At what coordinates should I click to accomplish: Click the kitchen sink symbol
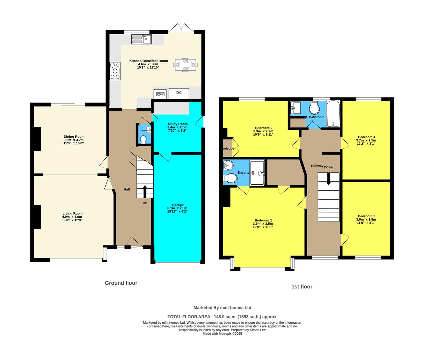(x=141, y=39)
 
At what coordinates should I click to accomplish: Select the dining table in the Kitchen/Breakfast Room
(x=185, y=64)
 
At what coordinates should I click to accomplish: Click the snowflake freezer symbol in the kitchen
(x=178, y=92)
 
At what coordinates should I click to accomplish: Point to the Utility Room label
(x=177, y=124)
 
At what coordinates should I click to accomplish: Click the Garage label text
(x=177, y=205)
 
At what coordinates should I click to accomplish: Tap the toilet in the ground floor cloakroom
(x=143, y=139)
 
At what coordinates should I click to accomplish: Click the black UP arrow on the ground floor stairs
(x=145, y=192)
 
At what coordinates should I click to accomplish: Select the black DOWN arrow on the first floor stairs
(x=328, y=179)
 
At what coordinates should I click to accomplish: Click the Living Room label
(x=72, y=213)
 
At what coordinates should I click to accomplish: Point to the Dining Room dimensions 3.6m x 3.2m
(x=74, y=140)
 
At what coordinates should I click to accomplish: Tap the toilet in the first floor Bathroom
(x=314, y=108)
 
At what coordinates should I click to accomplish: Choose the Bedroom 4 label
(x=366, y=137)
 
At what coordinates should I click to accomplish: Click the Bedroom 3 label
(x=366, y=216)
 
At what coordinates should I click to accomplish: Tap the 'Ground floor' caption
(x=121, y=283)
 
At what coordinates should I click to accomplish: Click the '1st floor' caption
(x=302, y=287)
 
